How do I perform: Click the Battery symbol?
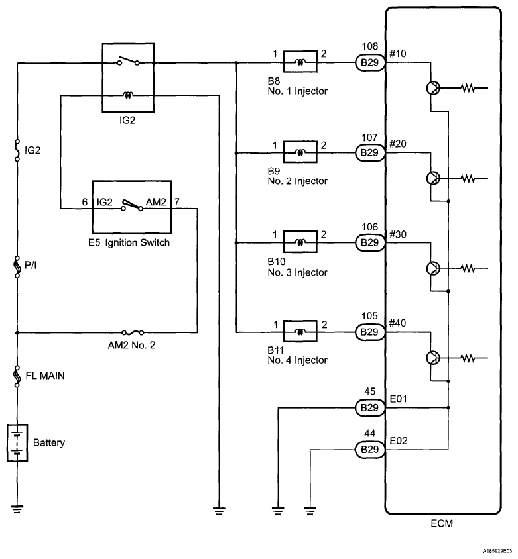pos(17,442)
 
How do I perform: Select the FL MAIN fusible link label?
pos(44,375)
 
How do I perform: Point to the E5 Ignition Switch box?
pos(131,209)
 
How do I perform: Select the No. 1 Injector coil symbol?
pos(300,63)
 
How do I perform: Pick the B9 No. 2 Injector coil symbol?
pos(300,152)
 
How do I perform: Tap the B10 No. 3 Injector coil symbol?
pos(300,242)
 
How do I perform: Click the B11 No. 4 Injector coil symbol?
pos(300,330)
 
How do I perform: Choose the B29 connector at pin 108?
pos(369,63)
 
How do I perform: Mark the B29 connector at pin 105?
pos(369,330)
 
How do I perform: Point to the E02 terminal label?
pos(399,440)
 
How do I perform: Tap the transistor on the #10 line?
pos(432,89)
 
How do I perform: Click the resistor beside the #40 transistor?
pos(469,358)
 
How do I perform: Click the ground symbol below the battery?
pos(17,508)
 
